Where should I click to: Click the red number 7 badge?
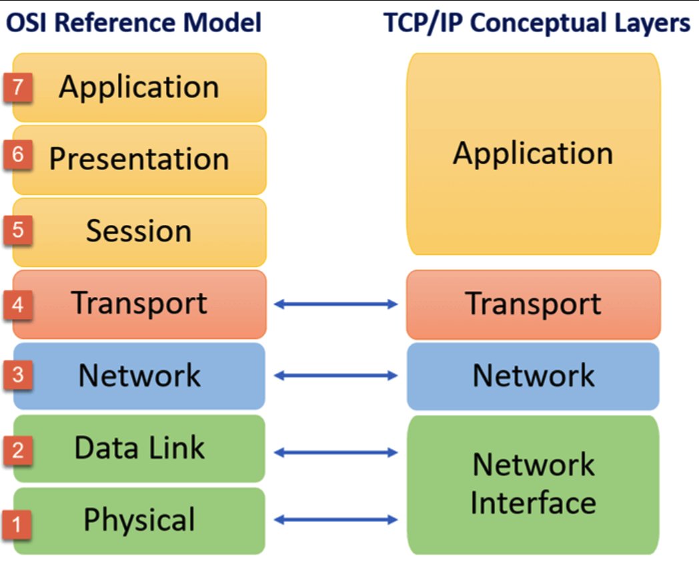coord(18,88)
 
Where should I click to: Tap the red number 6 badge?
coord(18,156)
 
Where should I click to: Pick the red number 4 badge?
coord(18,304)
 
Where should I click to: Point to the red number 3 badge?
coord(18,375)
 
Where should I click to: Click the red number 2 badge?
coord(18,450)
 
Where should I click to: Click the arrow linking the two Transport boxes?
coord(336,304)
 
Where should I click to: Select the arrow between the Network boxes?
coord(336,376)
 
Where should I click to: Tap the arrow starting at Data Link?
coord(336,453)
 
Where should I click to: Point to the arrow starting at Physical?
coord(336,519)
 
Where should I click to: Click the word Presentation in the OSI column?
coord(139,160)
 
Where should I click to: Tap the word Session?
coord(139,231)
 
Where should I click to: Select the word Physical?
coord(139,520)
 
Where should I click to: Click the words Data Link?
coord(139,447)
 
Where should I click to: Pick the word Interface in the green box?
coord(533,503)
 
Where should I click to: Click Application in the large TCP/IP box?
coord(533,154)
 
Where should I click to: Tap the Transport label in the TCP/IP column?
coord(533,304)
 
